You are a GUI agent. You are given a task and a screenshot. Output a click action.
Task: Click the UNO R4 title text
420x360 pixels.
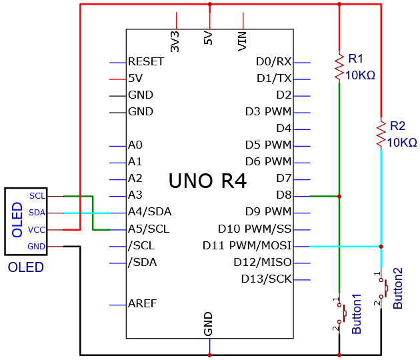[207, 181]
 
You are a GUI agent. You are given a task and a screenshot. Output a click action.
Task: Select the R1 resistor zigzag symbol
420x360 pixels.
[339, 67]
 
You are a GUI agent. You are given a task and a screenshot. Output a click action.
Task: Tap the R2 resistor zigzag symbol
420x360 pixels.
[381, 134]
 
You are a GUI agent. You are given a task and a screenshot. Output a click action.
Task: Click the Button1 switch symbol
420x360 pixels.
[341, 313]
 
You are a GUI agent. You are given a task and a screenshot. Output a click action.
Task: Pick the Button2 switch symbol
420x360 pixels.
[383, 289]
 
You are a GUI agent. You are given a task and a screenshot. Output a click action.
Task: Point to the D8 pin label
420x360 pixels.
[283, 195]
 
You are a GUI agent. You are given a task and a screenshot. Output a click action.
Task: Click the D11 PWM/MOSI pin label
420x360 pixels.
[247, 245]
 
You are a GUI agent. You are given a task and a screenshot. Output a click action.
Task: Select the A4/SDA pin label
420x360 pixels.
[149, 212]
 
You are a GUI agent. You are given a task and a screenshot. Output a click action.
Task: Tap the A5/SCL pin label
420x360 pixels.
[149, 229]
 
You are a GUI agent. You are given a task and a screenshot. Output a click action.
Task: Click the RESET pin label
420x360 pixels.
[146, 61]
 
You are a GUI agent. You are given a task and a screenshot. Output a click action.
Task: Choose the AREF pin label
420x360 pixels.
[142, 304]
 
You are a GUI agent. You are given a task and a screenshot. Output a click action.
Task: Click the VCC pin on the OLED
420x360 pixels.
[37, 230]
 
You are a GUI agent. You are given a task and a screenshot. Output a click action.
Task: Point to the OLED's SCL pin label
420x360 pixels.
[37, 196]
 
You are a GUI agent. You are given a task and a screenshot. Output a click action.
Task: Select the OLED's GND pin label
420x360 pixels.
[36, 247]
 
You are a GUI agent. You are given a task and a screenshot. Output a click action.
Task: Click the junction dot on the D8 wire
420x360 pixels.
[339, 197]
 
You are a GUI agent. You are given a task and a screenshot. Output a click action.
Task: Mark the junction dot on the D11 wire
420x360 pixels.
[381, 247]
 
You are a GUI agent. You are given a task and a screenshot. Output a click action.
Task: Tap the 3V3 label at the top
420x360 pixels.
[175, 41]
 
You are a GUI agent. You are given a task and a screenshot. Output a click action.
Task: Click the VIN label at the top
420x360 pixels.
[242, 41]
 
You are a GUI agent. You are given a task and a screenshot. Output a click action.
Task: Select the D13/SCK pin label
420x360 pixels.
[266, 279]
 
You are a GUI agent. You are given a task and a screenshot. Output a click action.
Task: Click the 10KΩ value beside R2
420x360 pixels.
[402, 143]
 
